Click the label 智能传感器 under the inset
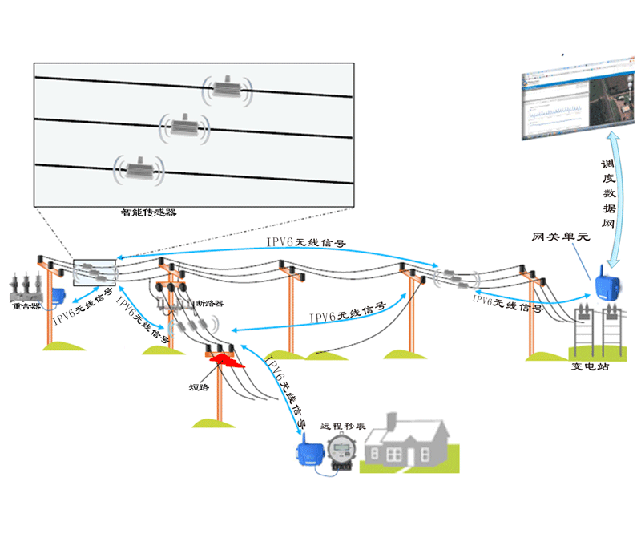pyautogui.click(x=148, y=213)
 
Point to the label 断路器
pyautogui.click(x=210, y=304)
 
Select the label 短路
pyautogui.click(x=200, y=387)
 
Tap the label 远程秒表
pyautogui.click(x=342, y=427)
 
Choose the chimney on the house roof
pyautogui.click(x=392, y=422)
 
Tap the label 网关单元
pyautogui.click(x=560, y=238)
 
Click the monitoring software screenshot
pyautogui.click(x=570, y=103)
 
